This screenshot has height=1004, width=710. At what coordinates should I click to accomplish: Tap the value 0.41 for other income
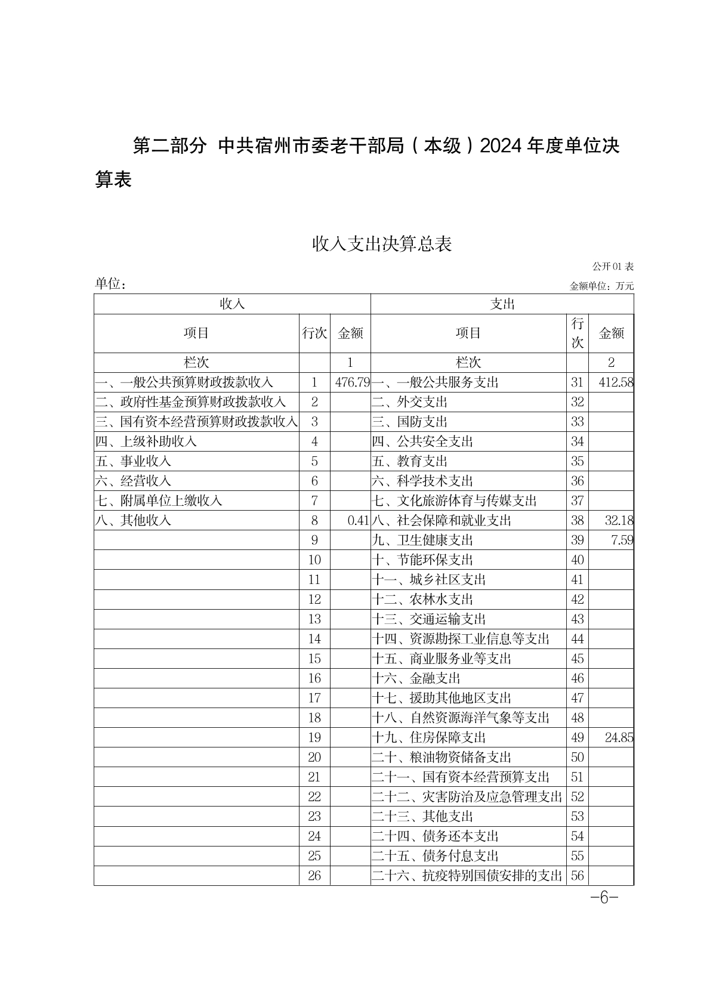(358, 520)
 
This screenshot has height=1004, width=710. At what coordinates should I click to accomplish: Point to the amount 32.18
(618, 520)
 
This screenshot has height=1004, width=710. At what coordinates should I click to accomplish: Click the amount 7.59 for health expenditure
(621, 540)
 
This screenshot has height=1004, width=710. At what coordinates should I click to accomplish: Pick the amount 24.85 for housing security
(618, 737)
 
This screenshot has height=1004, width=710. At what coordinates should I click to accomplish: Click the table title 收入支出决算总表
(382, 243)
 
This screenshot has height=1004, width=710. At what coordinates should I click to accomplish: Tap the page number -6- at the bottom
(603, 898)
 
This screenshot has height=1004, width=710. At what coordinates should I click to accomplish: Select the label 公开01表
(613, 266)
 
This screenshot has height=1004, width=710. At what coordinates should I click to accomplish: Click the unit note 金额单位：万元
(601, 286)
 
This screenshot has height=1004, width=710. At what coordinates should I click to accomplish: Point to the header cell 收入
(232, 304)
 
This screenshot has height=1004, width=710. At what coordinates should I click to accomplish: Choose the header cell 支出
(502, 304)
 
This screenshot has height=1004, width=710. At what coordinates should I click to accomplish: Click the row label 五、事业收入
(133, 461)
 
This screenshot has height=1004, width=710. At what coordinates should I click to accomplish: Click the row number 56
(577, 876)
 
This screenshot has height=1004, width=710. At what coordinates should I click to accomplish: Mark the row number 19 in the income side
(314, 737)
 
